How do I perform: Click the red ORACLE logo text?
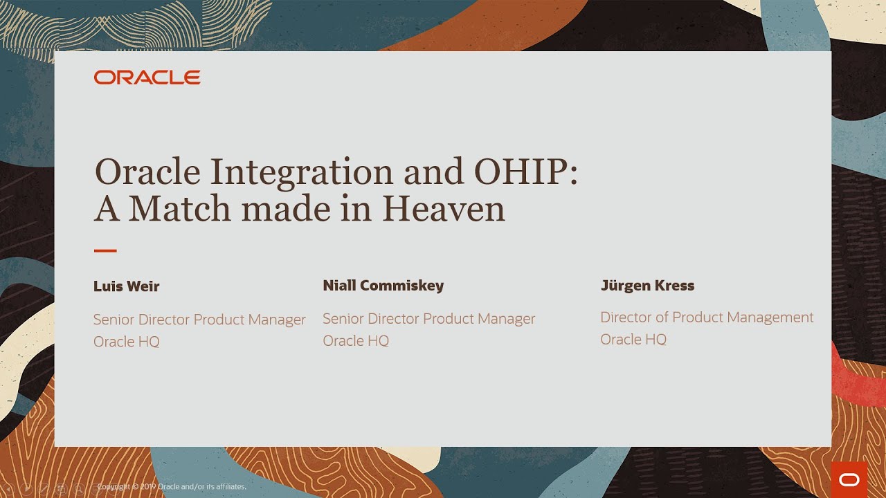coord(147,77)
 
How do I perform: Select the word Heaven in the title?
coord(443,209)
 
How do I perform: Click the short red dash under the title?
coord(105,250)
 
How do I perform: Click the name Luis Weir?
coord(127,286)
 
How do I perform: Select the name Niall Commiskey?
coord(383,285)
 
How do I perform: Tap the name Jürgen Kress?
coord(647,285)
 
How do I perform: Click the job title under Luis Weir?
coord(199,320)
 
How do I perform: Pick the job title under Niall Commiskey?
coord(428,319)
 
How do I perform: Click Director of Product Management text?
coord(707,317)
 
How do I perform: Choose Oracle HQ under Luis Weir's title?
coord(127,342)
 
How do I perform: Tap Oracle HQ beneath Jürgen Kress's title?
coord(633,340)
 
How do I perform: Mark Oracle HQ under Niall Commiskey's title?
coord(356,341)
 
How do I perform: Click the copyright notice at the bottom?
coord(172,487)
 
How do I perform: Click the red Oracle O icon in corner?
coord(849,480)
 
